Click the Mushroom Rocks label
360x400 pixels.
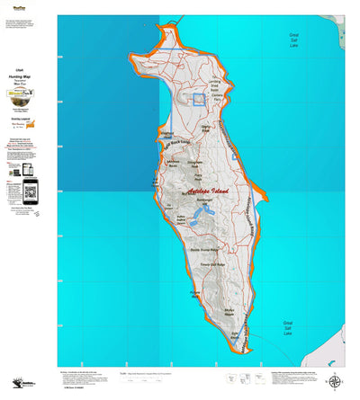click(x=175, y=164)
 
